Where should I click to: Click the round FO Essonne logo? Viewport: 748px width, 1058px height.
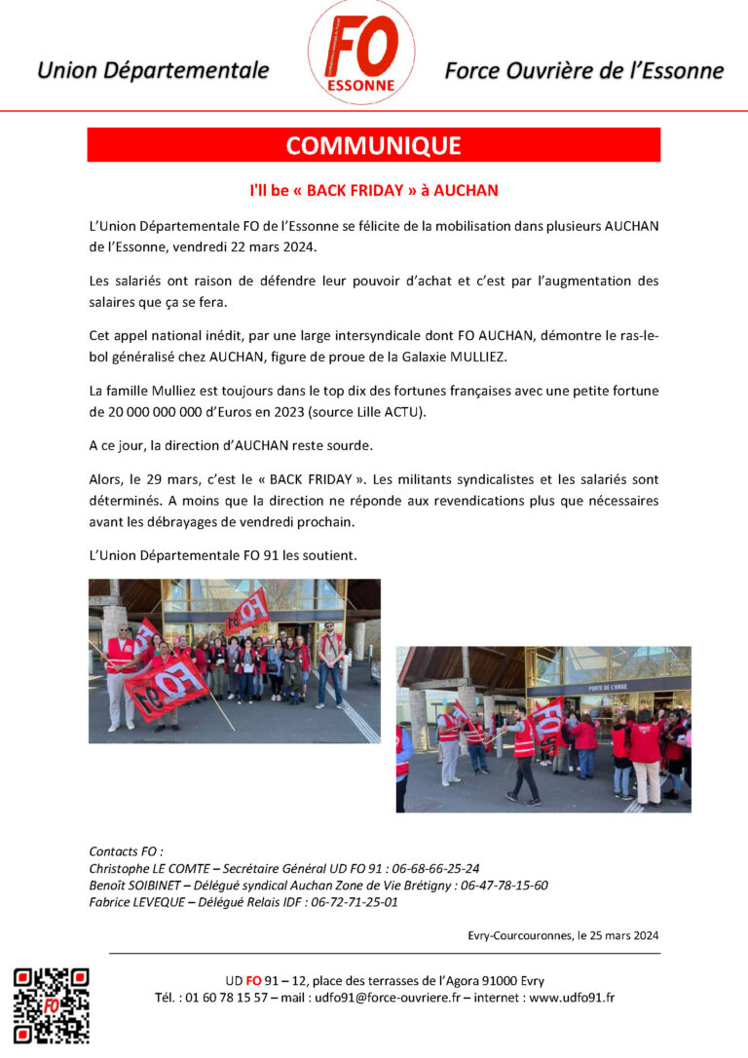pos(361,53)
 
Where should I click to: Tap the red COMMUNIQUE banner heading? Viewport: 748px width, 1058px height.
pos(373,145)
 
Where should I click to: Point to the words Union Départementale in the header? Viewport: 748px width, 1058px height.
pos(153,70)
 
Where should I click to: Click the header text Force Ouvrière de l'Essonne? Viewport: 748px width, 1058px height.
pos(583,70)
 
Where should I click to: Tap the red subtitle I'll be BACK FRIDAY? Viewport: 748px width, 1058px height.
pos(374,192)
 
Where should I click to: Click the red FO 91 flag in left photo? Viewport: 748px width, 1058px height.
pos(167,686)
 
